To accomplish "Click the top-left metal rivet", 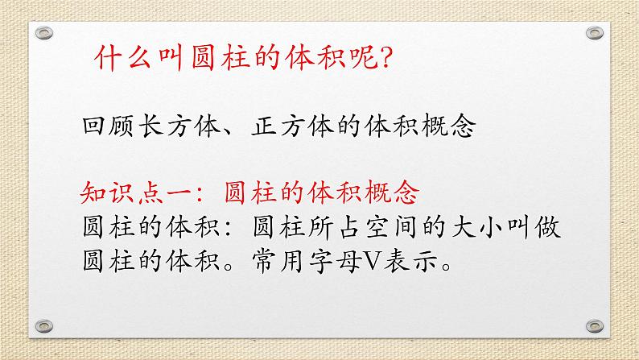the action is pyautogui.click(x=44, y=32).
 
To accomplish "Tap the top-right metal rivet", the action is pyautogui.click(x=595, y=32).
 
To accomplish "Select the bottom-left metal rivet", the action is pyautogui.click(x=44, y=325).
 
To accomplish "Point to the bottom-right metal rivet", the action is pyautogui.click(x=595, y=325).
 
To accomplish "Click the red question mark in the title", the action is pyautogui.click(x=385, y=57).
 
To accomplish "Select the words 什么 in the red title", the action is pyautogui.click(x=122, y=57).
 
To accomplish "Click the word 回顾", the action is pyautogui.click(x=108, y=126).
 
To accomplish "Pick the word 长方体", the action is pyautogui.click(x=179, y=126).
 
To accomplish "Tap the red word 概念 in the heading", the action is pyautogui.click(x=392, y=192).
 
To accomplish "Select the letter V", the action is pyautogui.click(x=373, y=261).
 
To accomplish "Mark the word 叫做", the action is pyautogui.click(x=534, y=227).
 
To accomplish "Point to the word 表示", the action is pyautogui.click(x=410, y=261).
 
